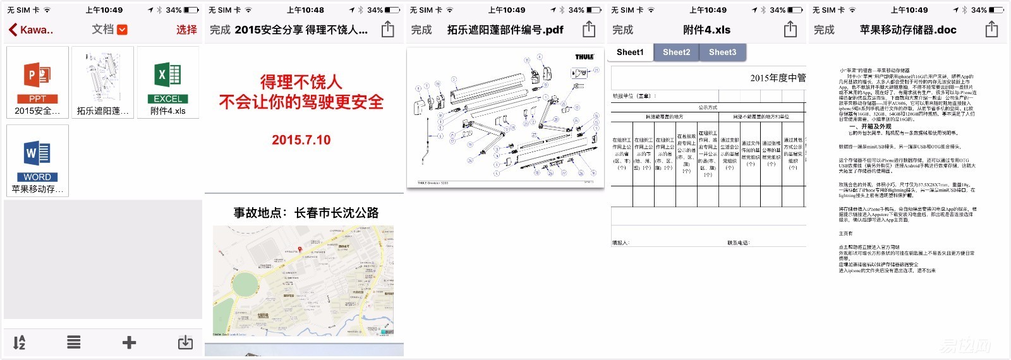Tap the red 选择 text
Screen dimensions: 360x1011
pyautogui.click(x=186, y=30)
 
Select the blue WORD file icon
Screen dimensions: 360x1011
pyautogui.click(x=37, y=155)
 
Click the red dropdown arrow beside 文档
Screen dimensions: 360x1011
pyautogui.click(x=123, y=30)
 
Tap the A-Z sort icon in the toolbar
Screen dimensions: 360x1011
pyautogui.click(x=20, y=342)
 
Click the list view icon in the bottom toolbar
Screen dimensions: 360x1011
pyautogui.click(x=74, y=342)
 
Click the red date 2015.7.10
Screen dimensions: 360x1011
pyautogui.click(x=301, y=140)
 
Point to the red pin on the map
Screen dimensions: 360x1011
pyautogui.click(x=300, y=249)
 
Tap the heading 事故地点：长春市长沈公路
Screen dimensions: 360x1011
pyautogui.click(x=306, y=213)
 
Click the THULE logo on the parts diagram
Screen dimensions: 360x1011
pyautogui.click(x=584, y=57)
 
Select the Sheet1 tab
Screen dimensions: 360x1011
pyautogui.click(x=630, y=52)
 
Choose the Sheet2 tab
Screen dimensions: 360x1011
pyautogui.click(x=676, y=52)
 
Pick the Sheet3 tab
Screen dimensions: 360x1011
pyautogui.click(x=722, y=52)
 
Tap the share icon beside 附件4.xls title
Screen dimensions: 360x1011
pyautogui.click(x=790, y=30)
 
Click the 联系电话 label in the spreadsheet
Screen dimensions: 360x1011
pyautogui.click(x=738, y=243)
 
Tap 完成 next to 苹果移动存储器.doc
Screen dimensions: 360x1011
pyautogui.click(x=824, y=30)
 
